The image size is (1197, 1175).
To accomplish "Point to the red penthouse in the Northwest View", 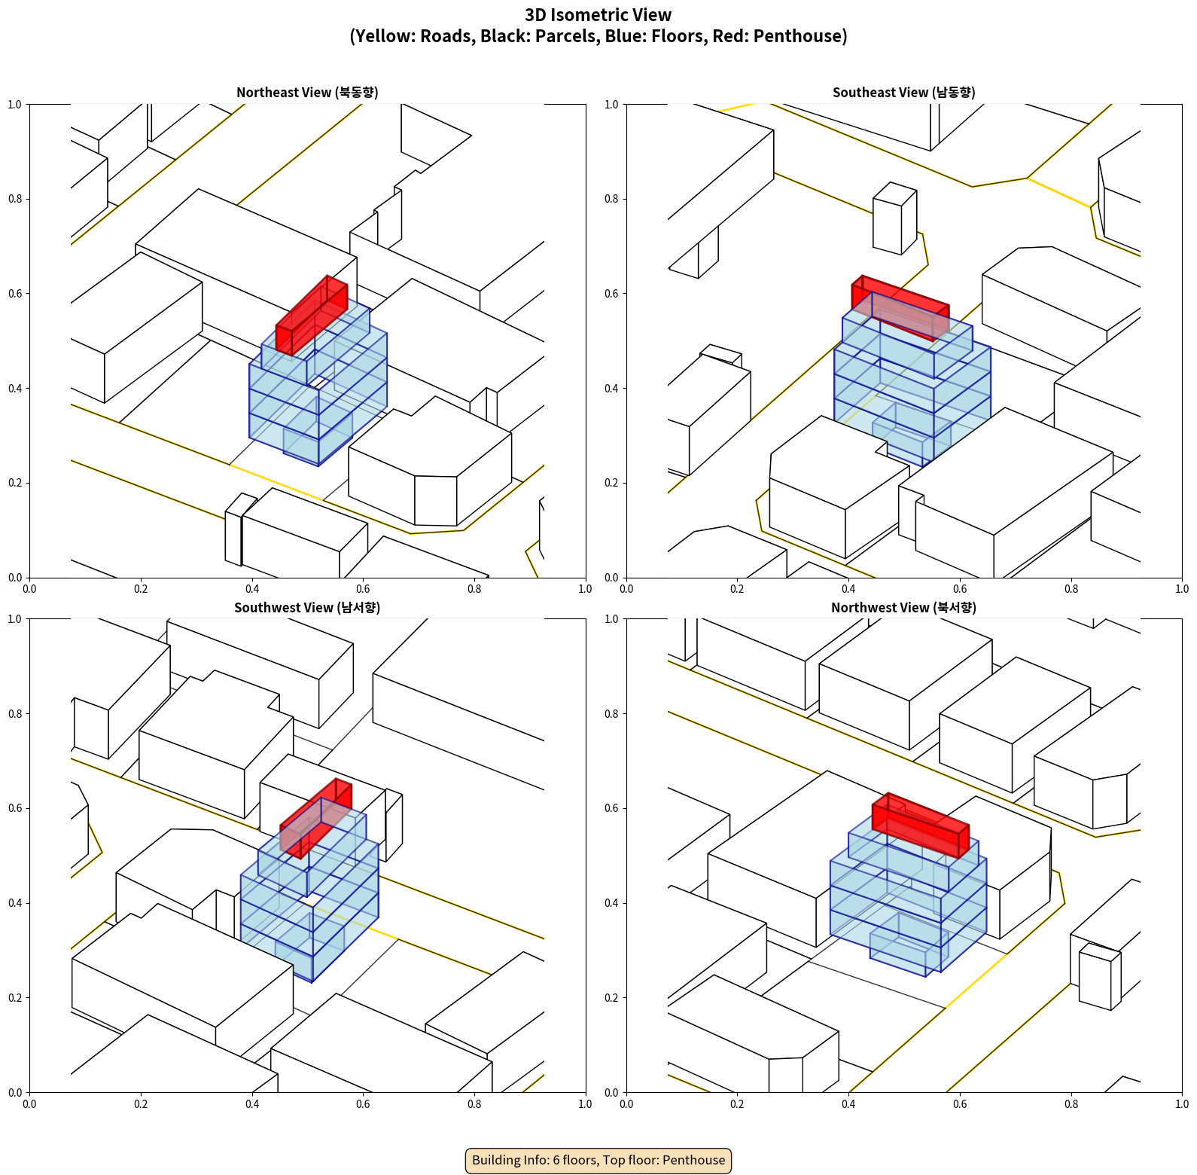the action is tap(921, 825).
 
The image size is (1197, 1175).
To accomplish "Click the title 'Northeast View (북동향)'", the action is tap(307, 93).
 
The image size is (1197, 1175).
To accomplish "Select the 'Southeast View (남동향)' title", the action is tap(903, 93).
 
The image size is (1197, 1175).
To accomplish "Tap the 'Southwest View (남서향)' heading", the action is tap(307, 608).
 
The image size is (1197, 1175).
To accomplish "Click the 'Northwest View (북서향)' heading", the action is tap(903, 608).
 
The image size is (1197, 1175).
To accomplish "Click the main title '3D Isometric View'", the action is tap(598, 15).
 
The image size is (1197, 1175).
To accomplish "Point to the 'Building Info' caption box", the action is tap(598, 1160).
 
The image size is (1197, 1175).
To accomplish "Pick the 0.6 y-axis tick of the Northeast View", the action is tap(15, 294).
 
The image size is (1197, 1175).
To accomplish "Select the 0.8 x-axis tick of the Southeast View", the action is tap(1071, 589).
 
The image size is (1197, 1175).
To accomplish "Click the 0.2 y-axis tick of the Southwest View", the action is tap(15, 998).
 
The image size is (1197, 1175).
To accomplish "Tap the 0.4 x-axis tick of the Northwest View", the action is tap(848, 1104).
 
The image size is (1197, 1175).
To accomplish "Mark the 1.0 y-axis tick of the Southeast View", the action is tap(611, 105).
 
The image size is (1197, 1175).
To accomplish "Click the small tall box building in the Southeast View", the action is tap(895, 218).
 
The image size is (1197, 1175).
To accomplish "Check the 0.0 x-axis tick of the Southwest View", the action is tap(29, 1104).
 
